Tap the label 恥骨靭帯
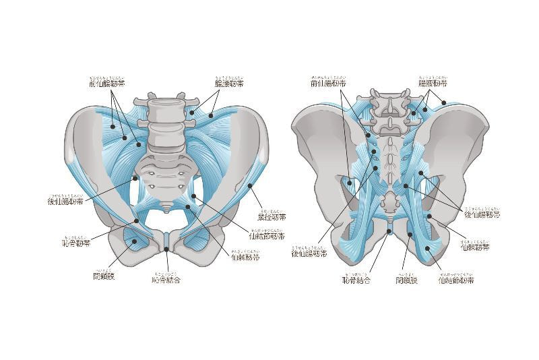(75, 242)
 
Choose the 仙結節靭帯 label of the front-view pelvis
(266, 237)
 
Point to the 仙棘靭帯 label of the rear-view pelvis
(475, 247)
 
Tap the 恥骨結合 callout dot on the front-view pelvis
(166, 249)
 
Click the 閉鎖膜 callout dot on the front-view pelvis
(134, 241)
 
